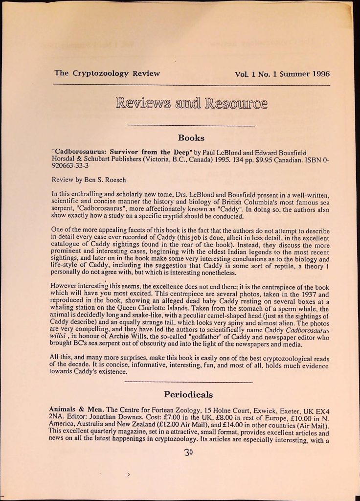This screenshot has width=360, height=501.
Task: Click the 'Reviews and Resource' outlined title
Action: [191, 104]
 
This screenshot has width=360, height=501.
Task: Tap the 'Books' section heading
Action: [191, 138]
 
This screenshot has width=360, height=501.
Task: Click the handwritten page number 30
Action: [189, 453]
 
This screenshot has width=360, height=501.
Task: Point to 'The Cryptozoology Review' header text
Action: [107, 73]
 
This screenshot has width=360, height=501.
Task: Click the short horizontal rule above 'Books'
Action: [191, 126]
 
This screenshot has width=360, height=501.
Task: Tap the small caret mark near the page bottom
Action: [129, 474]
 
